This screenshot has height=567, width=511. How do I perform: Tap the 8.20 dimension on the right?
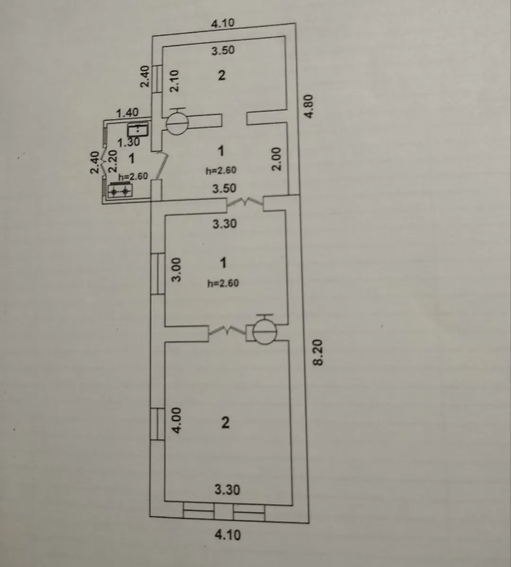point(318,352)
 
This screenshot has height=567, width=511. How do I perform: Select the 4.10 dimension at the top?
point(223,23)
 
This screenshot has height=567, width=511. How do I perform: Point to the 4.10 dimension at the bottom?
point(228,534)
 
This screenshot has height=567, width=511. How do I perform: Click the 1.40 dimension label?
point(127,113)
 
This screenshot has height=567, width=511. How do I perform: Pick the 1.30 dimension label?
point(129,142)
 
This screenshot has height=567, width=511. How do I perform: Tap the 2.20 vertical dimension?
point(113,161)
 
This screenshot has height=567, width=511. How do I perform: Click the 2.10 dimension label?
point(175,80)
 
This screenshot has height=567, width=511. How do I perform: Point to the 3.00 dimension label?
point(176,270)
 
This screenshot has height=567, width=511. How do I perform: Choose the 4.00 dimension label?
point(176,420)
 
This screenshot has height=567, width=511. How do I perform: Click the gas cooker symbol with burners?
point(120,190)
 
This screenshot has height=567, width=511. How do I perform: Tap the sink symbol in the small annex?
point(138,129)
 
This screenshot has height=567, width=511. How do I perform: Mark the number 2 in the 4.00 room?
point(225,422)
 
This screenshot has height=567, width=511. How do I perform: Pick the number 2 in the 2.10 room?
point(221,75)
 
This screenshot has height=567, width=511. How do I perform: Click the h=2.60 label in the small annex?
point(133,176)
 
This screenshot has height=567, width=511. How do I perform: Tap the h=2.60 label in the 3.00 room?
point(223,283)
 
